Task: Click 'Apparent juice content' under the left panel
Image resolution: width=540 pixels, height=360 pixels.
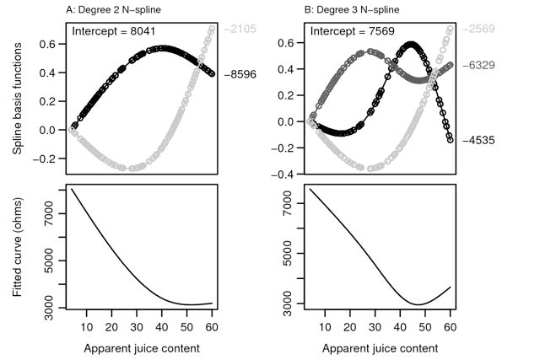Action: (x=142, y=347)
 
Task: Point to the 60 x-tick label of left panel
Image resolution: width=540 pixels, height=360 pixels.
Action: (x=213, y=325)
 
